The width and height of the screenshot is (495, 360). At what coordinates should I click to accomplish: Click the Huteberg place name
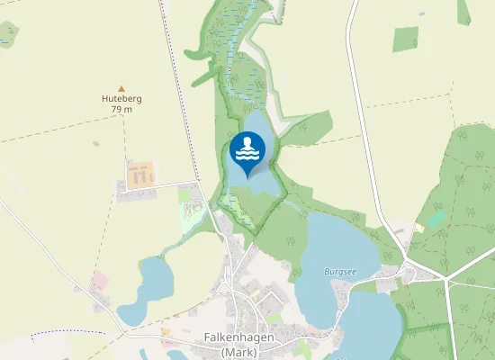point(121,98)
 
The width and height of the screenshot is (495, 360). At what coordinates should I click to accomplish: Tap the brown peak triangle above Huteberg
point(121,88)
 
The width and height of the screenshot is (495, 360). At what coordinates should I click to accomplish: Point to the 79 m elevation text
point(121,109)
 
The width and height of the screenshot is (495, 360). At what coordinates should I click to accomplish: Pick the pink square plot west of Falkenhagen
point(99,281)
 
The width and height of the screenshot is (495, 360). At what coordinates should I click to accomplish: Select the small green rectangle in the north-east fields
point(406,39)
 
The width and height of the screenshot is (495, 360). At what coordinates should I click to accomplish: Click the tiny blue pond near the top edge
point(421,13)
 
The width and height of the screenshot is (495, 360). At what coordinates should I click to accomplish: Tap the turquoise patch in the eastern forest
point(436,218)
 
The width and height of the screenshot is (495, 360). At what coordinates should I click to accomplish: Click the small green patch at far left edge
point(7,34)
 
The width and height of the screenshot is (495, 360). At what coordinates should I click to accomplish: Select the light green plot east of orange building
point(185,194)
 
